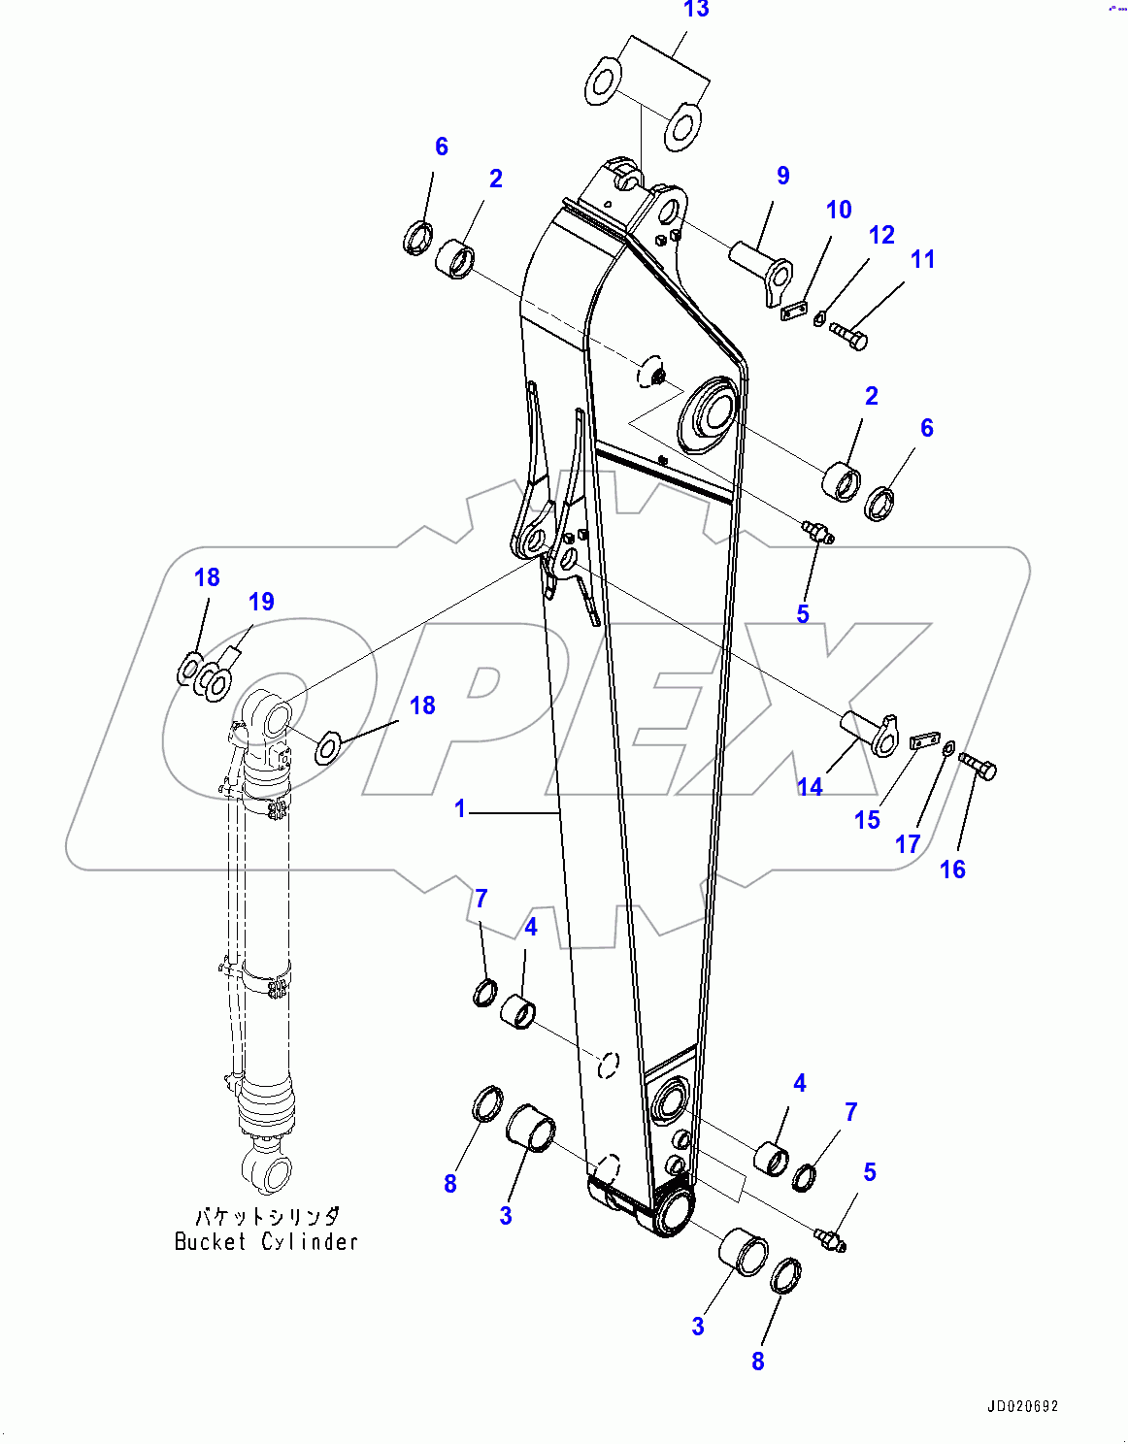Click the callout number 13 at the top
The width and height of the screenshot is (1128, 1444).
(x=696, y=10)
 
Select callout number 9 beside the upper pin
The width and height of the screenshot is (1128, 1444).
(x=782, y=176)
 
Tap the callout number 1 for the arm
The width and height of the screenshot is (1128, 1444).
(x=460, y=808)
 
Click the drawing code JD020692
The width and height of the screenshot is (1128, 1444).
(x=1023, y=1406)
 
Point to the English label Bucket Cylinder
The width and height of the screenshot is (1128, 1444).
(x=266, y=1241)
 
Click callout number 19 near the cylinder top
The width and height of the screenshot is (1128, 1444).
(x=261, y=602)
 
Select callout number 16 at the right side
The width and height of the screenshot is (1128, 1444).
(x=952, y=870)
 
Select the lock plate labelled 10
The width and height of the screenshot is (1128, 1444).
(x=794, y=311)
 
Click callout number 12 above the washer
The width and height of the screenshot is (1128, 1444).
(x=881, y=235)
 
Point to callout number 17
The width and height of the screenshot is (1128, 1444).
(x=907, y=844)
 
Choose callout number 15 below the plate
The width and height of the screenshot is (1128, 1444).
(x=867, y=820)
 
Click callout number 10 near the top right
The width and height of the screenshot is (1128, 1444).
(x=839, y=210)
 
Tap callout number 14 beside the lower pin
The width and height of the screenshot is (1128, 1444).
(x=810, y=787)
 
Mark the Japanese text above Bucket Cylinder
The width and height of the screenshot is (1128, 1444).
(x=267, y=1216)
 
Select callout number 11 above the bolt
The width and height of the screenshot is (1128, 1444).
(x=922, y=259)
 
